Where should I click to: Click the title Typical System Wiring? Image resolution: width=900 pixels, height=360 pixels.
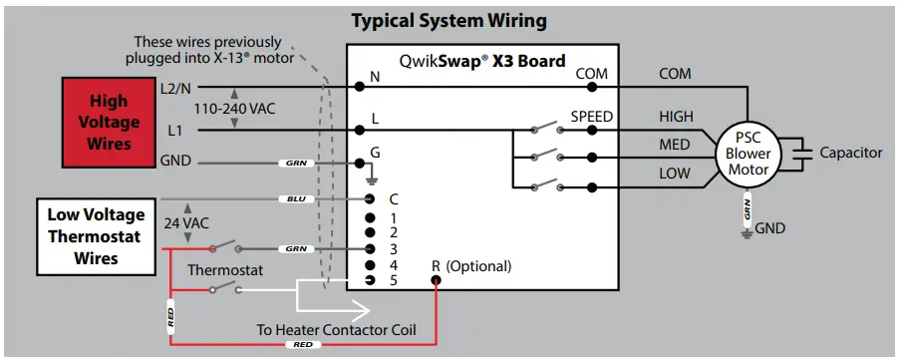coord(450,20)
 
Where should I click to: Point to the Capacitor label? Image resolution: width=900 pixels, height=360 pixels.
coord(850,153)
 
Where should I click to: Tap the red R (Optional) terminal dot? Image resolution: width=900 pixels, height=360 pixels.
coord(436,280)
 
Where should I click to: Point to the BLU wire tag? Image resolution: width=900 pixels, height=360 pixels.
coord(295,199)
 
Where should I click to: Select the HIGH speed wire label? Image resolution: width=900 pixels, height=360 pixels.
coord(676,117)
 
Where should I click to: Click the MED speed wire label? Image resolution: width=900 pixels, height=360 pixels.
coord(675,146)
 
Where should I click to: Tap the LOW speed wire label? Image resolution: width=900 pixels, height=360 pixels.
coord(675,175)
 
